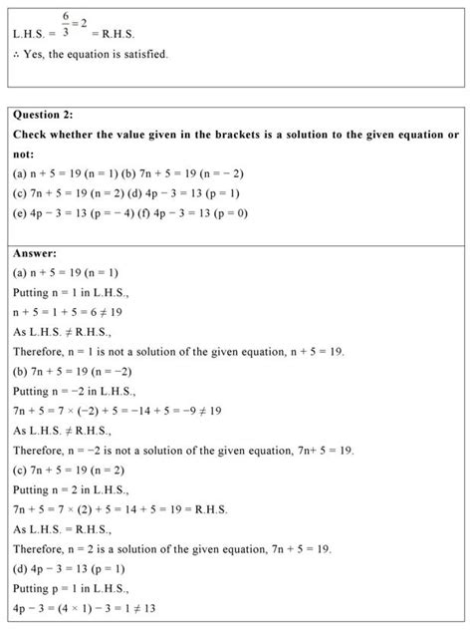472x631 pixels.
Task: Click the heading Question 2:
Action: (x=51, y=116)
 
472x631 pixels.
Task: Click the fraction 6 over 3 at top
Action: (x=64, y=26)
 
